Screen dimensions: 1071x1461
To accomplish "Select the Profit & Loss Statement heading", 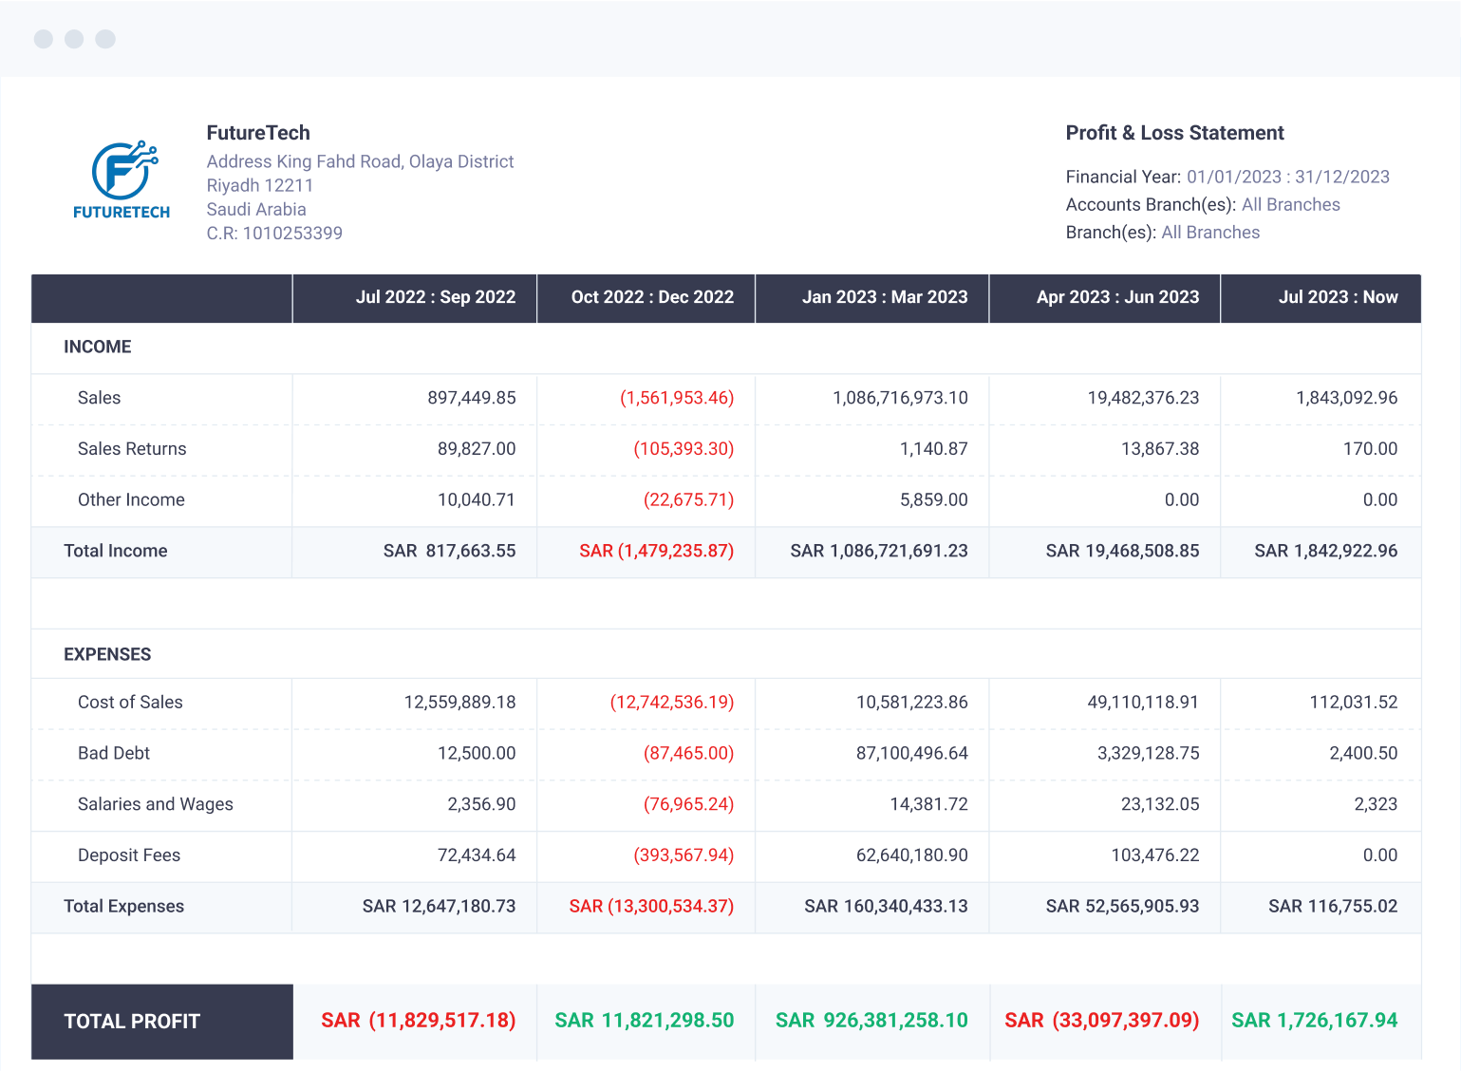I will pyautogui.click(x=1174, y=133).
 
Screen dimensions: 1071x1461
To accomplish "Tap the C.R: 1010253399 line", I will pyautogui.click(x=274, y=234).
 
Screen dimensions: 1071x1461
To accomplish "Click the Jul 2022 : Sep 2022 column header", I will pyautogui.click(x=435, y=297).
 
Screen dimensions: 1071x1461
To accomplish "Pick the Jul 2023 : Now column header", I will pyautogui.click(x=1337, y=297).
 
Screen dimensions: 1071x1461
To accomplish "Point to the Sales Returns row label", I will pyautogui.click(x=132, y=449).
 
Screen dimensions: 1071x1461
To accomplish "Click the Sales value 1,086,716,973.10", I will pyautogui.click(x=900, y=398).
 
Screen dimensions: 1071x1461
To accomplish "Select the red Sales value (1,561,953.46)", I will pyautogui.click(x=676, y=398).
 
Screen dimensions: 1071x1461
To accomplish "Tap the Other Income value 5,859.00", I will pyautogui.click(x=933, y=500).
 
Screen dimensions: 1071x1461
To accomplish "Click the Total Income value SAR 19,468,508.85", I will pyautogui.click(x=1122, y=551).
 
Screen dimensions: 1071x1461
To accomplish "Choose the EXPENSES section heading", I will pyautogui.click(x=107, y=654).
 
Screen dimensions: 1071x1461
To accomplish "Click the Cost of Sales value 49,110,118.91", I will pyautogui.click(x=1143, y=703).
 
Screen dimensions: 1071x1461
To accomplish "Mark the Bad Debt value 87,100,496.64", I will pyautogui.click(x=911, y=754).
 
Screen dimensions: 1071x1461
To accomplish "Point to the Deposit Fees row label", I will pyautogui.click(x=129, y=855).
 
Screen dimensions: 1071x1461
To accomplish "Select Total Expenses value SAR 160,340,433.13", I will pyautogui.click(x=886, y=907).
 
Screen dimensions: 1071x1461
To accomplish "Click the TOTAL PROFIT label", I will pyautogui.click(x=132, y=1022).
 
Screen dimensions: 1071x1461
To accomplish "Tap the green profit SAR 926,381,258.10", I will pyautogui.click(x=871, y=1021).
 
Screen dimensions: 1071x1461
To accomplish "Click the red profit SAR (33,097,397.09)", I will pyautogui.click(x=1101, y=1021).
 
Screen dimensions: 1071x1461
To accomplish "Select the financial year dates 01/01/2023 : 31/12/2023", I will pyautogui.click(x=1287, y=177).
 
